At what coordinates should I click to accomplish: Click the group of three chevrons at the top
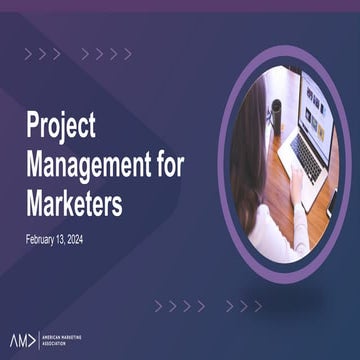pyautogui.click(x=43, y=53)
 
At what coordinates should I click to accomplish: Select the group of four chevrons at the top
pyautogui.click(x=106, y=53)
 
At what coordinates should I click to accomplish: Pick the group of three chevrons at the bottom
pyautogui.click(x=243, y=305)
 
